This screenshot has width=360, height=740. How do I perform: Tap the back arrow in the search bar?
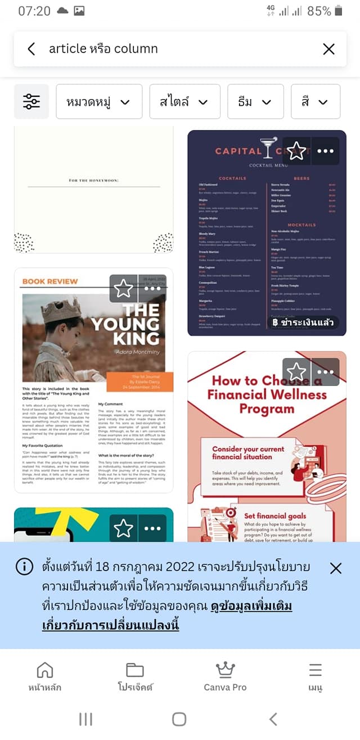(31, 49)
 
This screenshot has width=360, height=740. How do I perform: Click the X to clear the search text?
(328, 49)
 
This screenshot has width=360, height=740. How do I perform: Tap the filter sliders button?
(31, 101)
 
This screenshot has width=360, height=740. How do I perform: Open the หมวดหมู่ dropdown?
(99, 101)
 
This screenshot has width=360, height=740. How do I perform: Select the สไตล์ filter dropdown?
(184, 101)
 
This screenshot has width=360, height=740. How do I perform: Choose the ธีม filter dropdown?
(255, 101)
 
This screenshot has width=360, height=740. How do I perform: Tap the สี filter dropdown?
(315, 101)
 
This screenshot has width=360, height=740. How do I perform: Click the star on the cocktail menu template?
(296, 151)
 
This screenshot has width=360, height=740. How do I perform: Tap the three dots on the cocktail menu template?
(325, 151)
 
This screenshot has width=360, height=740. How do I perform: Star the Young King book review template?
(123, 288)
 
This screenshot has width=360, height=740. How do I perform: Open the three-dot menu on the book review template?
(152, 288)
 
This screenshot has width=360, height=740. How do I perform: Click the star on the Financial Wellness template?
(296, 371)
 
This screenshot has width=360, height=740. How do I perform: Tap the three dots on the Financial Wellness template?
(325, 371)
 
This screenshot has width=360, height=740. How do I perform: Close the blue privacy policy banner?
(335, 568)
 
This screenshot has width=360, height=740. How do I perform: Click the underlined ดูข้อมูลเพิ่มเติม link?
(251, 607)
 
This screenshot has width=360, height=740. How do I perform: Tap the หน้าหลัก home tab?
(45, 676)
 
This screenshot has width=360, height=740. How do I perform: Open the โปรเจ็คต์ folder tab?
(135, 676)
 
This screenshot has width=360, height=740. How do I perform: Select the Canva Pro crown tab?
(225, 676)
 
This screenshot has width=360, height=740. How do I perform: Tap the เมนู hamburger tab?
(315, 676)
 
